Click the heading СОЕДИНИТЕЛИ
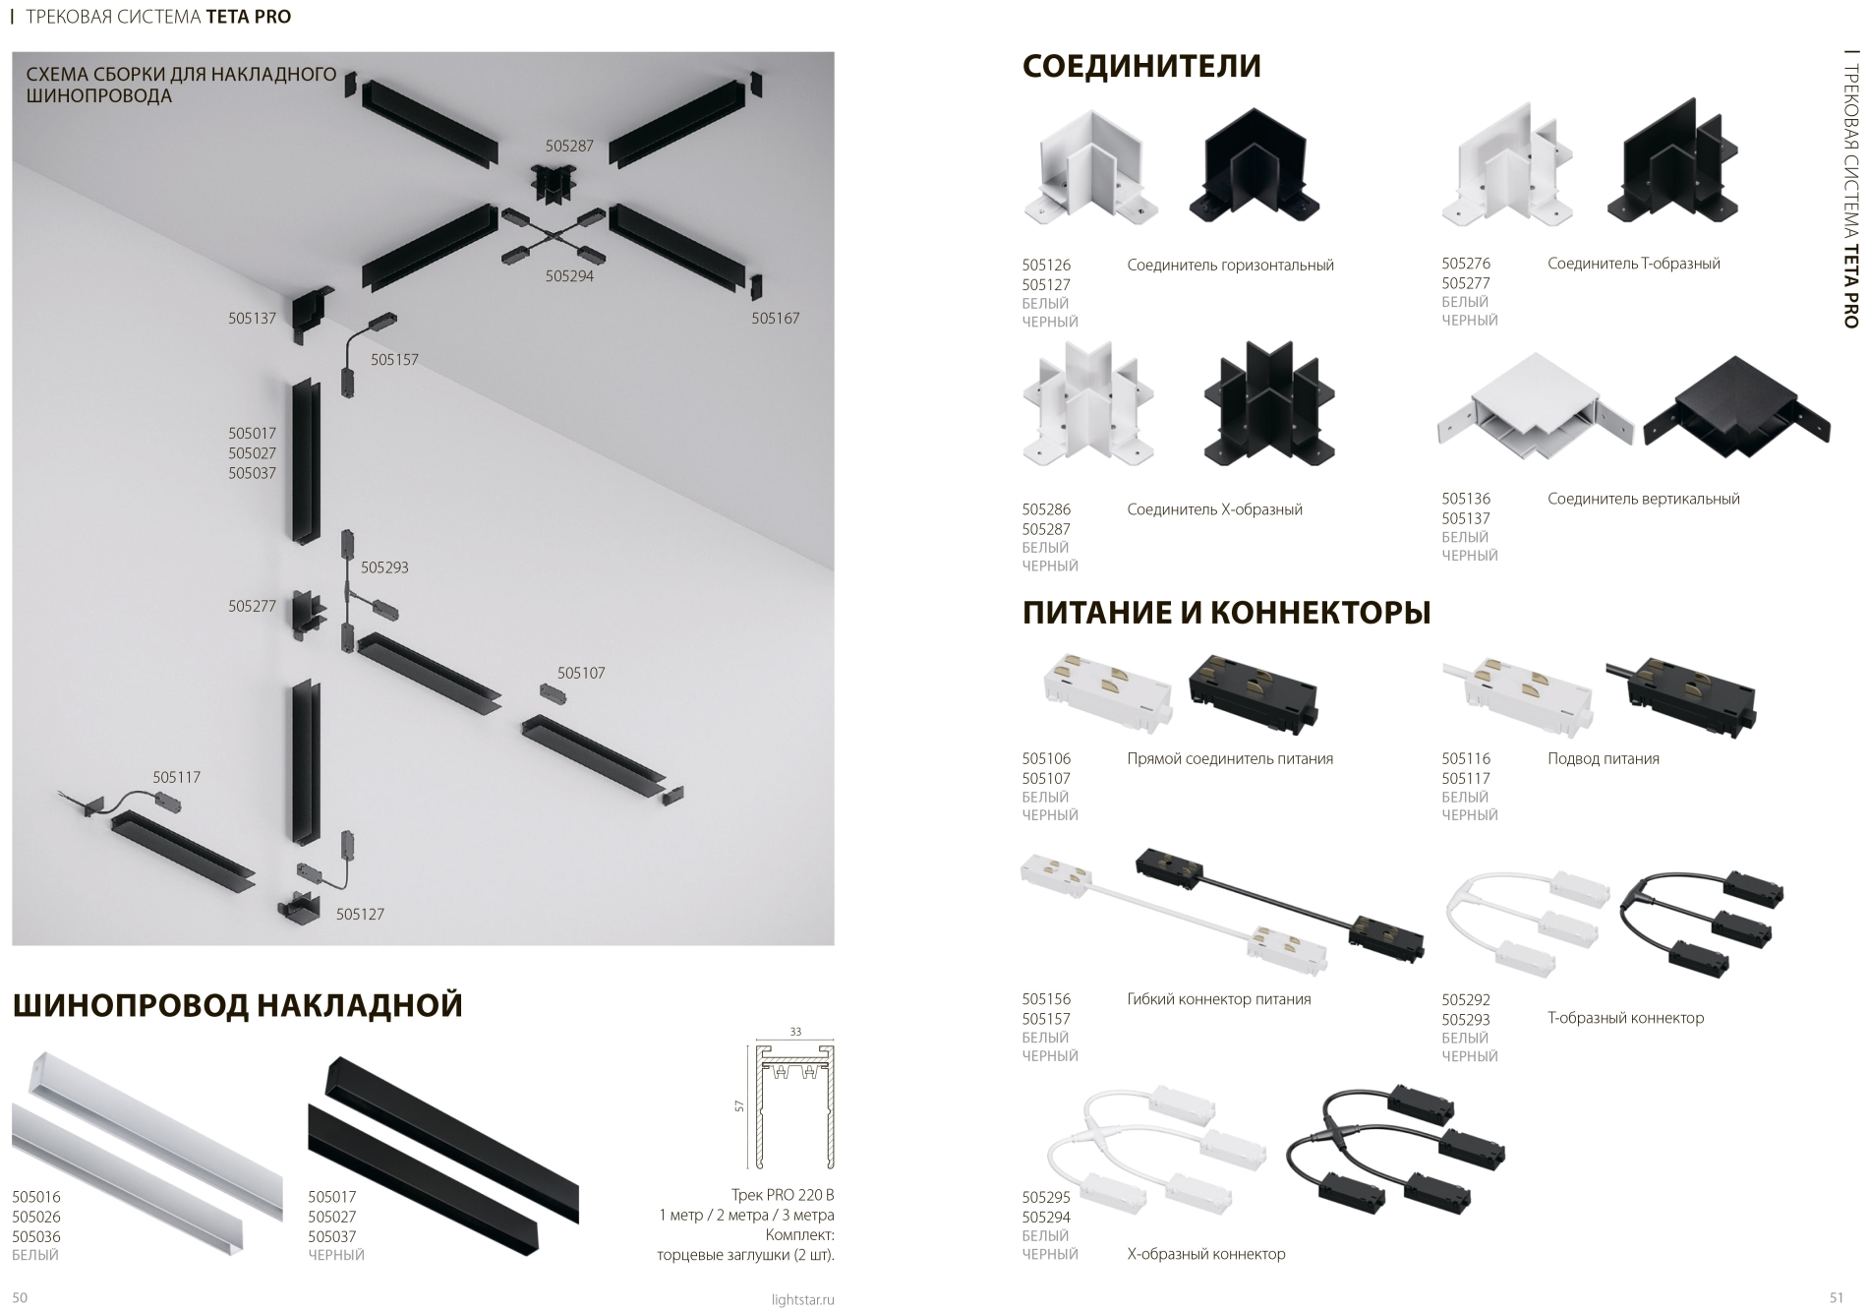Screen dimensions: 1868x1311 [1141, 66]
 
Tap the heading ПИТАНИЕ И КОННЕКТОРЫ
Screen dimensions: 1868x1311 [1226, 613]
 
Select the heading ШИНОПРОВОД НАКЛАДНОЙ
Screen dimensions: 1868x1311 [237, 1005]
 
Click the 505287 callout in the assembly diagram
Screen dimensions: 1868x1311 [569, 146]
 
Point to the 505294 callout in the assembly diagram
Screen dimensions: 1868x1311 [569, 276]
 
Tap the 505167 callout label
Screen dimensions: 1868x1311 [776, 319]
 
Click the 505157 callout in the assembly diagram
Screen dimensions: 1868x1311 [394, 360]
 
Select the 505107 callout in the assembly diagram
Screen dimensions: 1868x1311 [581, 673]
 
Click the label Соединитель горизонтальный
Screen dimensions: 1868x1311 [1230, 265]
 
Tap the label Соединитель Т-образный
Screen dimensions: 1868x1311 [1634, 264]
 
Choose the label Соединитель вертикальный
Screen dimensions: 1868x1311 [1644, 499]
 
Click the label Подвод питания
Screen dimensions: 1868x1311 [1604, 758]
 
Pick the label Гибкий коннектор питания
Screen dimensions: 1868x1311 [1219, 999]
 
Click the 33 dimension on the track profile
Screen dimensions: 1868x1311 [795, 1032]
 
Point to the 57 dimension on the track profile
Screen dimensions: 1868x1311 [739, 1106]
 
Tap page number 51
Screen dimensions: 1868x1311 [1837, 1298]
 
